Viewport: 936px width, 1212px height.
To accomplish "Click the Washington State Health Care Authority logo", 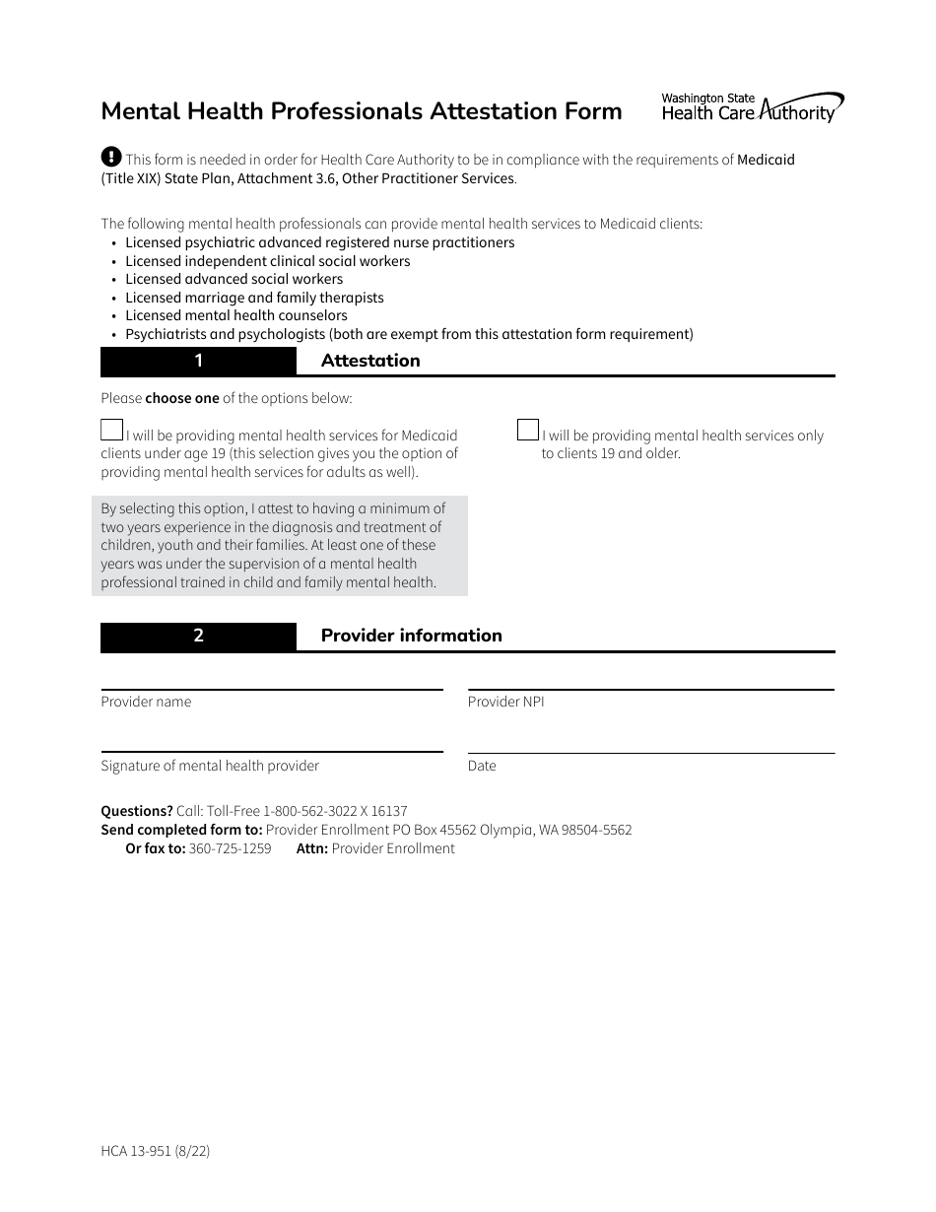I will pyautogui.click(x=752, y=107).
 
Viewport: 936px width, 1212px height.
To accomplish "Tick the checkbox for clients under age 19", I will pyautogui.click(x=111, y=430).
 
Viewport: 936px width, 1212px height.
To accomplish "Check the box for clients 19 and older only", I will pyautogui.click(x=528, y=430).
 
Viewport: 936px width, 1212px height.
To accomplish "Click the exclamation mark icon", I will pyautogui.click(x=111, y=157).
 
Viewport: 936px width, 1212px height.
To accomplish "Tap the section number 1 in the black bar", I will pyautogui.click(x=198, y=361).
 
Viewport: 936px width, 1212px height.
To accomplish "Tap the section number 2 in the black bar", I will pyautogui.click(x=198, y=636).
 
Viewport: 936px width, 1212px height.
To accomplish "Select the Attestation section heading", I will pyautogui.click(x=370, y=361).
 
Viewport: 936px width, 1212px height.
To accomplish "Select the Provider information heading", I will pyautogui.click(x=411, y=636).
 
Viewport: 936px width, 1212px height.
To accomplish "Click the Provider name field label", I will pyautogui.click(x=146, y=702).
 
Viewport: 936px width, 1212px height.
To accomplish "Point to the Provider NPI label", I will pyautogui.click(x=505, y=702).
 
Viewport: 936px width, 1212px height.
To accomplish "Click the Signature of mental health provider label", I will pyautogui.click(x=210, y=766).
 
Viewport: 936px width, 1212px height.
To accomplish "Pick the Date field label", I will pyautogui.click(x=482, y=766).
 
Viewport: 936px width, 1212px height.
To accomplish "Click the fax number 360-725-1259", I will pyautogui.click(x=230, y=848).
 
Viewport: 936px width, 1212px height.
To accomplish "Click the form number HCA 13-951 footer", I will pyautogui.click(x=155, y=1151).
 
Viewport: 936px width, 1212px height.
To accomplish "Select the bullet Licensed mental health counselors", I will pyautogui.click(x=236, y=315).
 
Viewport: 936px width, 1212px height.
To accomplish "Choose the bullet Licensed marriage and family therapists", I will pyautogui.click(x=254, y=298).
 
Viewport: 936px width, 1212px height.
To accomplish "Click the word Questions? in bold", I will pyautogui.click(x=137, y=811).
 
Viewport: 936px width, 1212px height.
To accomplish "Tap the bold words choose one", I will pyautogui.click(x=182, y=399).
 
